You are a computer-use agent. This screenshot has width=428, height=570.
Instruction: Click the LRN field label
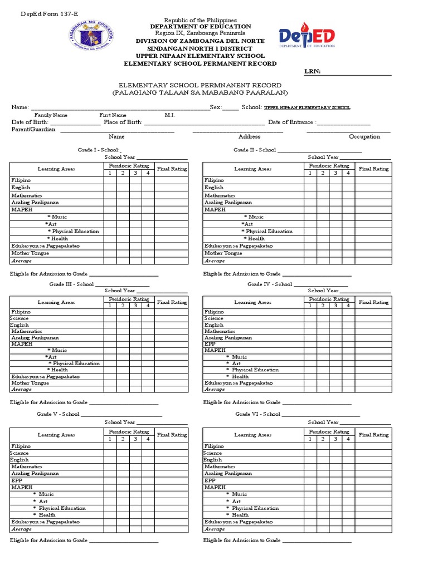point(312,72)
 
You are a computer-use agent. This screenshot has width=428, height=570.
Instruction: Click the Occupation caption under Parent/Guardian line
point(364,136)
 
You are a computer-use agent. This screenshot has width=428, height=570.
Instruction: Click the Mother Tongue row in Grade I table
point(30,253)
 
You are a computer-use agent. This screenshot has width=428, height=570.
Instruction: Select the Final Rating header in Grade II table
point(373,169)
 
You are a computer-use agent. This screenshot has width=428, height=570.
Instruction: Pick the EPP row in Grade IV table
point(210,344)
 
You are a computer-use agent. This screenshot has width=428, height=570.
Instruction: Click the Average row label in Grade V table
point(22,529)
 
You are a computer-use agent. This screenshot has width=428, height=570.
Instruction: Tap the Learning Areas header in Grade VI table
point(252,435)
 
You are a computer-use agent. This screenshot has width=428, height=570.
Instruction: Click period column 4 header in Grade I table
point(148,173)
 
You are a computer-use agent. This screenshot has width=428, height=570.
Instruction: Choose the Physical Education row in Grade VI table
point(255,508)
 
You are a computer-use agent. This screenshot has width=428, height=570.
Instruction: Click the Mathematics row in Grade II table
point(220,195)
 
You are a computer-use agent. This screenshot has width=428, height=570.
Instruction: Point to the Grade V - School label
point(58,414)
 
